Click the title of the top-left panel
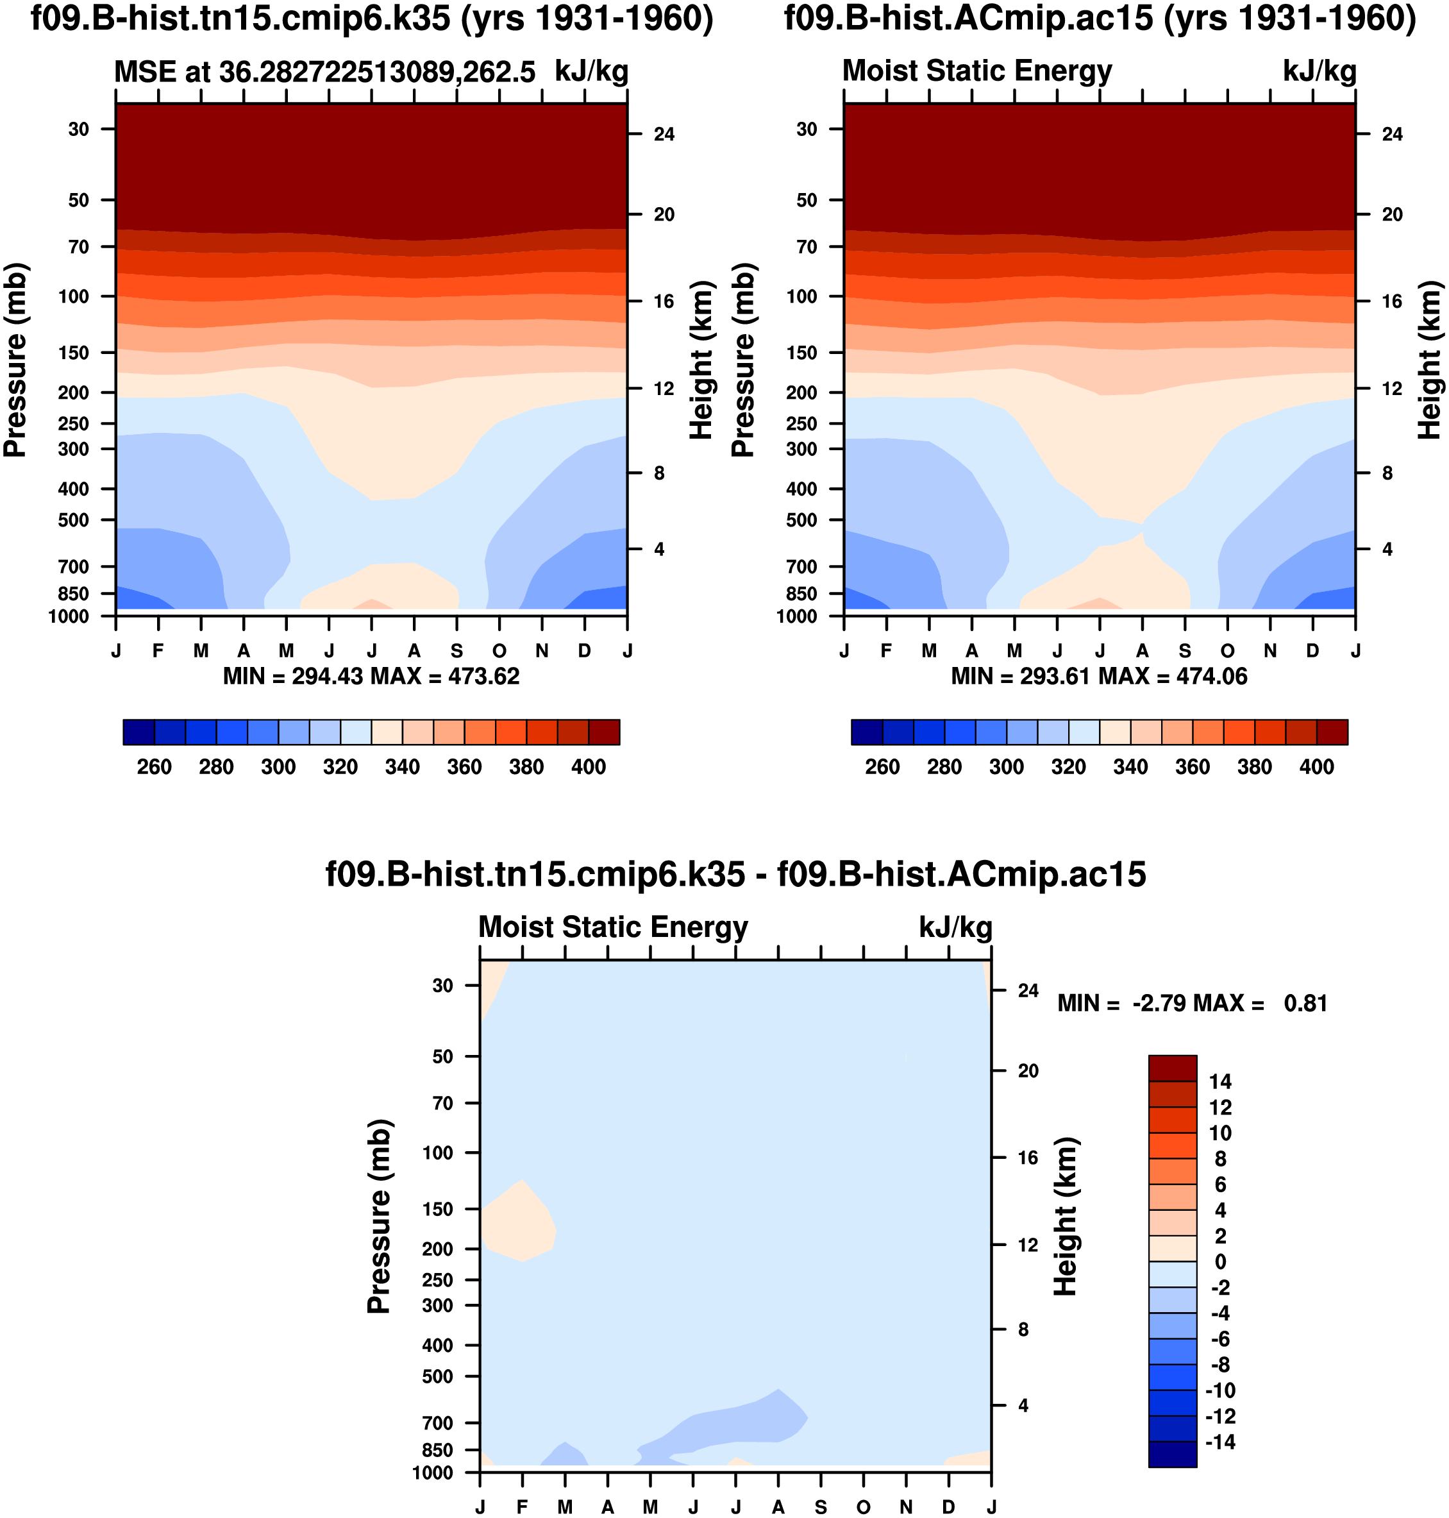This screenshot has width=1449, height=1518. (x=371, y=19)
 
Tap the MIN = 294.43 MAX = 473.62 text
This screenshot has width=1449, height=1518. (x=371, y=677)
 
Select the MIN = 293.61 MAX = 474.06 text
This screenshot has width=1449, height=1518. (x=1098, y=677)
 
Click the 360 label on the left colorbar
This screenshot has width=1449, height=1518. (x=464, y=767)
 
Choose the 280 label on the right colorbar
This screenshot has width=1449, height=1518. (x=944, y=767)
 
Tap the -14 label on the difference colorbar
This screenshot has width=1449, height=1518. (x=1220, y=1442)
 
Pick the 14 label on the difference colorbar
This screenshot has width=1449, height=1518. (x=1220, y=1081)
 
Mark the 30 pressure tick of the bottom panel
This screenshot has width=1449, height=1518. (x=442, y=986)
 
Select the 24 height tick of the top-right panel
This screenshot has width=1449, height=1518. (x=1392, y=135)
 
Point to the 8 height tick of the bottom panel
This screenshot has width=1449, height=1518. (x=1023, y=1329)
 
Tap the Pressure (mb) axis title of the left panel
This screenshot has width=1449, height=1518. (x=15, y=360)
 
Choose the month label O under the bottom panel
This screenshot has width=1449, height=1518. (x=864, y=1507)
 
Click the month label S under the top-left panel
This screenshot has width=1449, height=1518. (x=457, y=651)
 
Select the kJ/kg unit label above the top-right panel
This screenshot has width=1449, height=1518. (x=1319, y=72)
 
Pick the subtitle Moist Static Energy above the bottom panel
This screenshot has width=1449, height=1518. (x=614, y=927)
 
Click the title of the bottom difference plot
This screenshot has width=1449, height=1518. (x=735, y=875)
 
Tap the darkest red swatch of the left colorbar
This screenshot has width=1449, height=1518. (x=604, y=732)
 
